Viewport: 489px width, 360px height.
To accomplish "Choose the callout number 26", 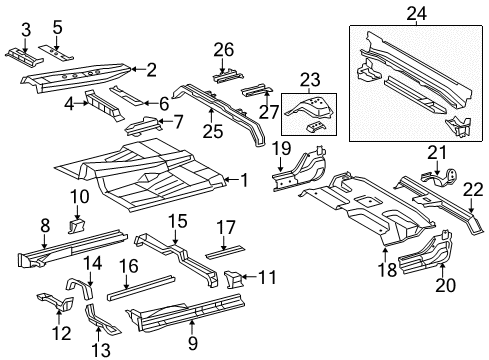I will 224,49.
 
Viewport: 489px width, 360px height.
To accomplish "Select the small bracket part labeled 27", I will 252,90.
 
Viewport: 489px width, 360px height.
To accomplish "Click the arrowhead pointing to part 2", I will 132,69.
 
